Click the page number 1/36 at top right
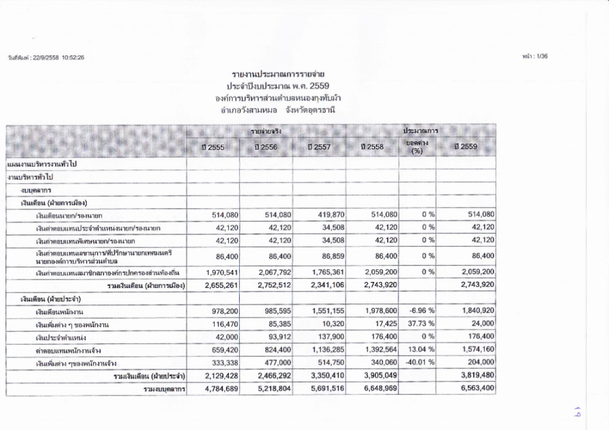coord(537,56)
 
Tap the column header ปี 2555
coord(212,147)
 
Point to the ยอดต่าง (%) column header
coord(417,147)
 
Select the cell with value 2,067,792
coord(272,272)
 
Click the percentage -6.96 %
coord(419,312)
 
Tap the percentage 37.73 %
coord(419,324)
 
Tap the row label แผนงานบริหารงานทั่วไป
coord(43,163)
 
